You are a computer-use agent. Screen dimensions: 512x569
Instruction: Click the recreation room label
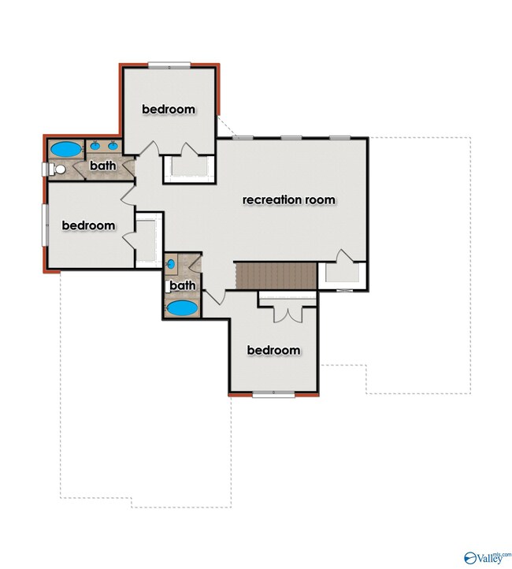(288, 199)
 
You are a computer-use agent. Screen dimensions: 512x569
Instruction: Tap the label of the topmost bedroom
(169, 109)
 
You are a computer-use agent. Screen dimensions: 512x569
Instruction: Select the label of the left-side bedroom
(88, 225)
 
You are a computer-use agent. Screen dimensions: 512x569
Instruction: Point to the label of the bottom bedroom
(274, 350)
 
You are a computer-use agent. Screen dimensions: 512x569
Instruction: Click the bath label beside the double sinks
(103, 165)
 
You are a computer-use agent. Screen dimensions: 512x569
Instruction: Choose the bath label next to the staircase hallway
(183, 285)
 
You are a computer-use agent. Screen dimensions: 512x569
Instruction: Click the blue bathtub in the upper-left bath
(66, 149)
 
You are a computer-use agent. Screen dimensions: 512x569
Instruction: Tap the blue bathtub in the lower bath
(182, 308)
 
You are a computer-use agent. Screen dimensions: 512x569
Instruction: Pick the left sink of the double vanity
(95, 146)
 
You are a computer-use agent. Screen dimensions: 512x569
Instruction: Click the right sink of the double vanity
(113, 146)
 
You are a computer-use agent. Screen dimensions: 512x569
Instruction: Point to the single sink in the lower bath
(171, 264)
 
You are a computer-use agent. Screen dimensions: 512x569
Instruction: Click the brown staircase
(276, 276)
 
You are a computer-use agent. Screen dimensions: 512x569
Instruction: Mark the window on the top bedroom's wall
(169, 65)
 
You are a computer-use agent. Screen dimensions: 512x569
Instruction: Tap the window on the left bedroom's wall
(46, 225)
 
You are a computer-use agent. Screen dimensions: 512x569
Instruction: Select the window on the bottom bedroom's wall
(274, 394)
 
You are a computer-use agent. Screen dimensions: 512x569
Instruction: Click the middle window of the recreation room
(291, 138)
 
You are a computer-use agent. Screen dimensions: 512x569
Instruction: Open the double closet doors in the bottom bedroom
(288, 315)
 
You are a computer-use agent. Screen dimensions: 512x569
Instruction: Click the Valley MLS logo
(488, 560)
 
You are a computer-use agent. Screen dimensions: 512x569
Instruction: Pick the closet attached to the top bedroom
(189, 169)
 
